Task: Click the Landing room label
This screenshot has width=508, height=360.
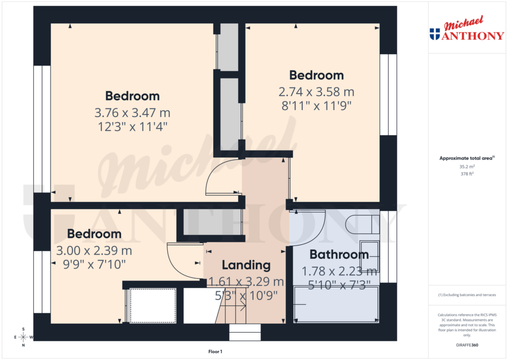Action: coord(246,265)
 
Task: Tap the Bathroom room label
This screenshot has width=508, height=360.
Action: coord(339,255)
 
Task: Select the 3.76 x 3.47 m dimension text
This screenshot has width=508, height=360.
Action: coord(132,113)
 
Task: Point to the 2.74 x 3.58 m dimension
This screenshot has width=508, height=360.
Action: coord(317,92)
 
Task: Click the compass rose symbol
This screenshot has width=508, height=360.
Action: coord(23,337)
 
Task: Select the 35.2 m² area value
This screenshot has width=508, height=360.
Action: coord(466,167)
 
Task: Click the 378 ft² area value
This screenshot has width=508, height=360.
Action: coord(466,174)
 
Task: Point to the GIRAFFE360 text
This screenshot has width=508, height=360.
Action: coord(467,345)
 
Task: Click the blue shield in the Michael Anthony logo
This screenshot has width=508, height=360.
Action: coord(435,34)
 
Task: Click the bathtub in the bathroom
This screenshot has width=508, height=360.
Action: coord(336,304)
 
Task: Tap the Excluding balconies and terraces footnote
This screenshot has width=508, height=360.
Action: coord(466,295)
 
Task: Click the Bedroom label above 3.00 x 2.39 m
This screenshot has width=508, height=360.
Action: coord(94,233)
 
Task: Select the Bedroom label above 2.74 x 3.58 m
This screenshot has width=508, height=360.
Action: coord(317,75)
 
